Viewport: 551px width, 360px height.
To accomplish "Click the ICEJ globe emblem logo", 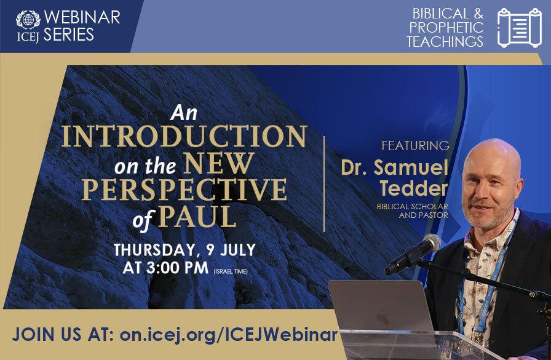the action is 28,20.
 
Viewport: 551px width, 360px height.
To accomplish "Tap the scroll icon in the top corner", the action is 520,28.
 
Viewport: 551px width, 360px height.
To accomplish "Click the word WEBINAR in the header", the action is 82,17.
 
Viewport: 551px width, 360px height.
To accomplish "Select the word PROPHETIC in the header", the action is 446,28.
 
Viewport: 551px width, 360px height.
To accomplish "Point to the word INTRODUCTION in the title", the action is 184,136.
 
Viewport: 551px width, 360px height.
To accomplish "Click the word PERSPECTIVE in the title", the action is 184,190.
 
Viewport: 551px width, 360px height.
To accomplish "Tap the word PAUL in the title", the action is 197,217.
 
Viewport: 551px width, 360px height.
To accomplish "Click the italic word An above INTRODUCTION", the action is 184,113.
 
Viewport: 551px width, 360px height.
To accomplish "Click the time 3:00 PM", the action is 178,268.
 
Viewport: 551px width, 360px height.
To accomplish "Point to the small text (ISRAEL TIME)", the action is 231,271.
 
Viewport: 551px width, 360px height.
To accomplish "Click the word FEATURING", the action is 415,145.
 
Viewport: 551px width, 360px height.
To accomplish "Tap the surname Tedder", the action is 414,188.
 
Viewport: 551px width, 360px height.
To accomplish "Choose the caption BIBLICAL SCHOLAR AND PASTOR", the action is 413,210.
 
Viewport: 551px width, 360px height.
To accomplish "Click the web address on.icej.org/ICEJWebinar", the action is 228,334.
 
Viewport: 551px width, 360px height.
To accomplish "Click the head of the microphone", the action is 431,243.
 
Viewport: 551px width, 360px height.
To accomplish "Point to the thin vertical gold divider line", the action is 323,184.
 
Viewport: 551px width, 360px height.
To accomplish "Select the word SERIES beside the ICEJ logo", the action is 68,35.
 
